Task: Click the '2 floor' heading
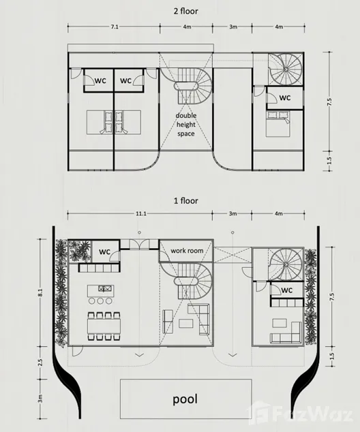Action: [x=185, y=12]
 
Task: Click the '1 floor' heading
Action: [x=185, y=200]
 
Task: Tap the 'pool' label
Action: [x=185, y=399]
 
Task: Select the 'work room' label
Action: [x=187, y=251]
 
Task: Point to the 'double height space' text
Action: [x=186, y=125]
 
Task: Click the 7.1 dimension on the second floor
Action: [x=115, y=27]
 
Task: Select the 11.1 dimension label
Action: [x=141, y=213]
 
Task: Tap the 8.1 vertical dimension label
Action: [x=40, y=292]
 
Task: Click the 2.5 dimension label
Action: [x=40, y=362]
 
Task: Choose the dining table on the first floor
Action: [x=104, y=326]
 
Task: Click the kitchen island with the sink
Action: [x=100, y=291]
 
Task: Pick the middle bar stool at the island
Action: [x=100, y=301]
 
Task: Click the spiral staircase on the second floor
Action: [x=286, y=69]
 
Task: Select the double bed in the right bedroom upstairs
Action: [x=278, y=123]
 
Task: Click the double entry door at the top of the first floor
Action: [x=140, y=245]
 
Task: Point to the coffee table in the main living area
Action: [x=185, y=323]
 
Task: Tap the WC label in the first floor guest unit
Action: [x=286, y=290]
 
